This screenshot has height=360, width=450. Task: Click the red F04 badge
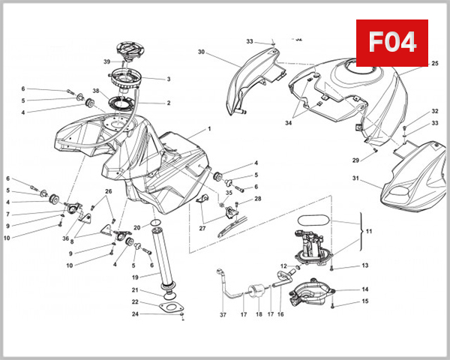coord(391,42)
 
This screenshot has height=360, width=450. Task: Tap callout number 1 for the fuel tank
coord(209,129)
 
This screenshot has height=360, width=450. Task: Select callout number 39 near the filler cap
coord(107,61)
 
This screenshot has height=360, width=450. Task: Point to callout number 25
coord(434,64)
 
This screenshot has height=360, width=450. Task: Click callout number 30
coord(201,52)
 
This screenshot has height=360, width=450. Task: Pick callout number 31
coord(356,178)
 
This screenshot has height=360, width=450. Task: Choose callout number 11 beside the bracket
coord(368,232)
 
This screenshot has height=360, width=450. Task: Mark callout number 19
coord(136,276)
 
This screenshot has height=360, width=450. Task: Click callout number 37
coord(223,315)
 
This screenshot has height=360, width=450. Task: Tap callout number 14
coord(365,289)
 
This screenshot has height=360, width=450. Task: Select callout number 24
coord(136,313)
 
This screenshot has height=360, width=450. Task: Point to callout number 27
coord(202,228)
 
